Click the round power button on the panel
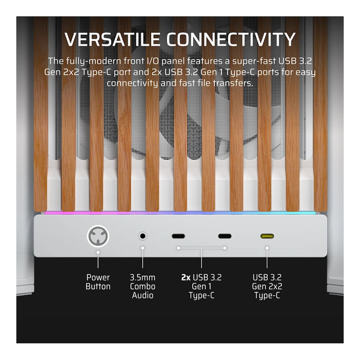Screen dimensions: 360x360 point(98,236)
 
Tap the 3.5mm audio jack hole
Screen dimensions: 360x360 point(143,236)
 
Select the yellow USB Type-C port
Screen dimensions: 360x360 point(267,236)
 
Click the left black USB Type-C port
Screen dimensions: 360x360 point(178,236)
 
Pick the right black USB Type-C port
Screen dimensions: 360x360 point(225,236)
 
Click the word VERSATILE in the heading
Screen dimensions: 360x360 point(112,40)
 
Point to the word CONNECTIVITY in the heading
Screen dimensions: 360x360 point(231,40)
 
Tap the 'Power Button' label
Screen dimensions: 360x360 point(98,282)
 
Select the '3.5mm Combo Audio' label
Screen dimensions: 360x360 point(143,286)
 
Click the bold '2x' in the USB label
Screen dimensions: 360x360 point(186,278)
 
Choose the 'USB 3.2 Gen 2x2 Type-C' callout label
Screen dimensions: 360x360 point(267,286)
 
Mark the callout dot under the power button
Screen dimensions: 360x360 point(98,252)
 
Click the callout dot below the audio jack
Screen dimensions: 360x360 point(143,248)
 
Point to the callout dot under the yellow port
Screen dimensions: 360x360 point(267,248)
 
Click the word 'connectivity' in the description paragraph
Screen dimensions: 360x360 point(132,83)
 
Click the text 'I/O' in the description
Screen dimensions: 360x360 point(153,61)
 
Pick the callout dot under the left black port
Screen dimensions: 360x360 point(178,248)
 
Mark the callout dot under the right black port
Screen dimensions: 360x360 point(225,248)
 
